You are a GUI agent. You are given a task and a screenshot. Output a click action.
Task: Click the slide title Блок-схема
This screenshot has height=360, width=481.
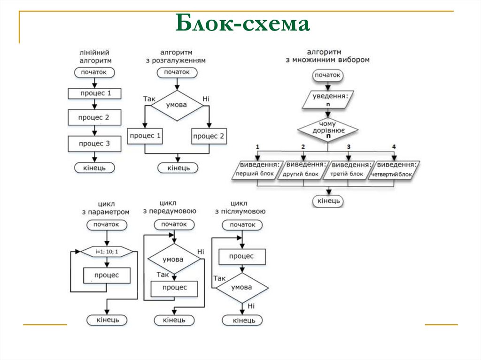click(243, 24)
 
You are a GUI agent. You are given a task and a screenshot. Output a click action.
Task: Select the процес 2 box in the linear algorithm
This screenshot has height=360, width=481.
click(94, 117)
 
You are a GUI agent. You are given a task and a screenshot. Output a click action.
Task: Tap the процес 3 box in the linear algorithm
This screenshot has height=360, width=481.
click(94, 144)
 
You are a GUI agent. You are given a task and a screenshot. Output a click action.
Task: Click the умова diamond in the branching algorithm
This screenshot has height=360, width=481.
click(176, 105)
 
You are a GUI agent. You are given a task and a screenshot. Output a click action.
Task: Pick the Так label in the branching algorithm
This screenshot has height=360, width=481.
click(149, 99)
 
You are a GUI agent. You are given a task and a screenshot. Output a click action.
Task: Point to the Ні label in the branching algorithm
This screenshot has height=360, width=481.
click(206, 99)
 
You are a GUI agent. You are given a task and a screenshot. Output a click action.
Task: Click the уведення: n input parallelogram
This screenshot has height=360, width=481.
click(328, 99)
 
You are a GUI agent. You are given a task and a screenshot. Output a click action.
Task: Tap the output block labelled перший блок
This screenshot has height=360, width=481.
click(257, 170)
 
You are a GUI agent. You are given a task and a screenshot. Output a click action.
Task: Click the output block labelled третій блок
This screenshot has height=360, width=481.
click(348, 170)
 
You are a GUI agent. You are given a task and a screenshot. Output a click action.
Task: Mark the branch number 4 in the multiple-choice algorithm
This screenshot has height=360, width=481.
click(394, 147)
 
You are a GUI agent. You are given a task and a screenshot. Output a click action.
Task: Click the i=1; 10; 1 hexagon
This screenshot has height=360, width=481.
click(107, 252)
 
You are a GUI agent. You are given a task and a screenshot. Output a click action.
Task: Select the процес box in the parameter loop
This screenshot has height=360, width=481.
click(107, 275)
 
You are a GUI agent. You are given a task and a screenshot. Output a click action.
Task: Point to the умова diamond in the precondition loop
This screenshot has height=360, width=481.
click(173, 259)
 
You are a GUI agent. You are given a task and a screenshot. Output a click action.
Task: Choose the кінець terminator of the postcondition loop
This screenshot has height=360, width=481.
click(242, 321)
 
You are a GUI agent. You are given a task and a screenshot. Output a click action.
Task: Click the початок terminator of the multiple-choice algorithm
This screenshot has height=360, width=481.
click(327, 75)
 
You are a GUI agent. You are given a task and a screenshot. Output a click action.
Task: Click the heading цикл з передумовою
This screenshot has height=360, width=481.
click(170, 207)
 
